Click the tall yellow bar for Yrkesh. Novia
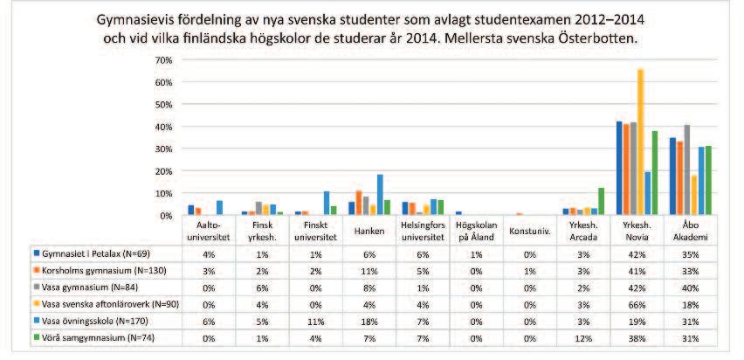(641, 142)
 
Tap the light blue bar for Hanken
(380, 195)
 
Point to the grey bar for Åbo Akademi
(687, 170)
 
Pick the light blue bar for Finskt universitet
(327, 203)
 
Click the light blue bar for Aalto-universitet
(219, 208)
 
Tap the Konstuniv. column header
(529, 231)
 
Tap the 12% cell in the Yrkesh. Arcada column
(583, 338)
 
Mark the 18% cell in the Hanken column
(369, 322)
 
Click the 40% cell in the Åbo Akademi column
(692, 287)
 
